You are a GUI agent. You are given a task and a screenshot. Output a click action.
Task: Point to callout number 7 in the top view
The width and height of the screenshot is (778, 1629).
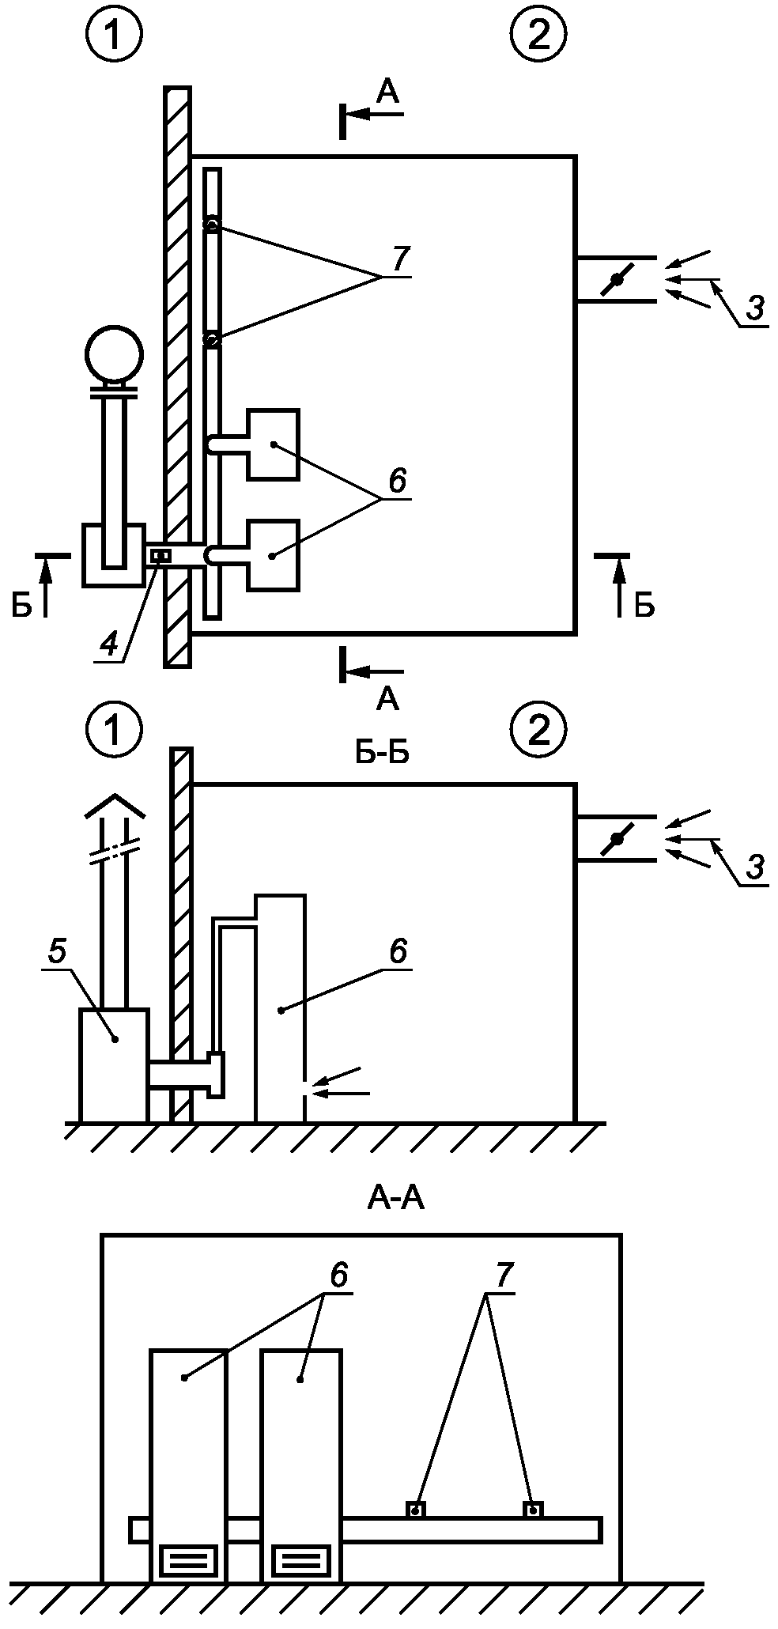[x=400, y=259]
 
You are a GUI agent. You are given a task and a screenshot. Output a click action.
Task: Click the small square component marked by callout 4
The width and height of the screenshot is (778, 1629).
[x=161, y=556]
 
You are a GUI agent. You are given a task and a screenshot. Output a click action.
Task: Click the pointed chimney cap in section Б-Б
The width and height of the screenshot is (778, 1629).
[x=115, y=806]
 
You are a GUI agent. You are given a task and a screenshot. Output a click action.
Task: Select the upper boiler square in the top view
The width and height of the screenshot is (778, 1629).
[x=273, y=445]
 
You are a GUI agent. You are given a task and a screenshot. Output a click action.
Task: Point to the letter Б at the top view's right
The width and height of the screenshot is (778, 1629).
[x=644, y=606]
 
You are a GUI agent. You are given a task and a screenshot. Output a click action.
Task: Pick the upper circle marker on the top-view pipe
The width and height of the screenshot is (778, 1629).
[x=212, y=225]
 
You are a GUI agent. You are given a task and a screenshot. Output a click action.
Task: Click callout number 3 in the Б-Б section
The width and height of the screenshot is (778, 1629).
[x=755, y=867]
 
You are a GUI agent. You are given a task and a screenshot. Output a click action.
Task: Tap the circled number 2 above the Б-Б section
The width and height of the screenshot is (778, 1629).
[x=538, y=731]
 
